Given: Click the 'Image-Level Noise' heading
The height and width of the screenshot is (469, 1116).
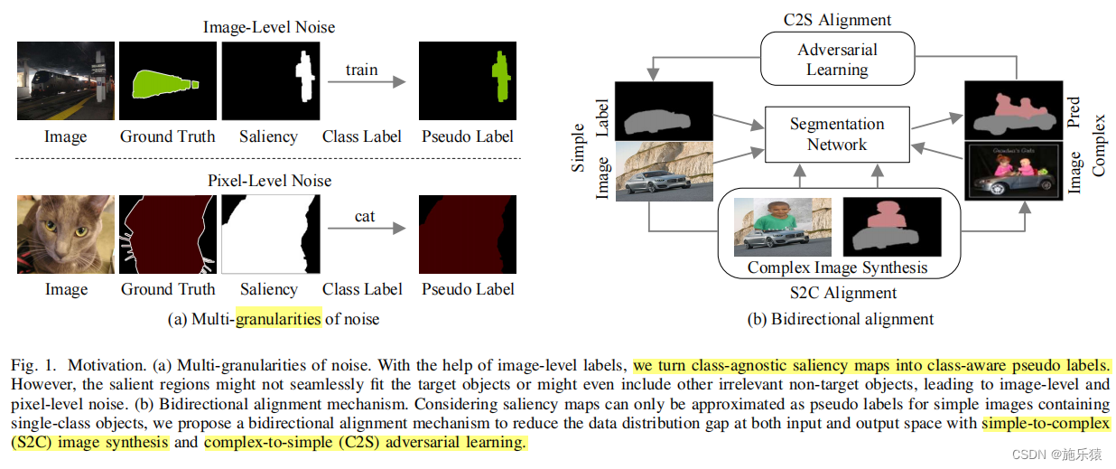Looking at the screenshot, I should (269, 27).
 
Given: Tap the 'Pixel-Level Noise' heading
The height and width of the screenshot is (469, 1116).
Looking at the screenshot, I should (269, 181).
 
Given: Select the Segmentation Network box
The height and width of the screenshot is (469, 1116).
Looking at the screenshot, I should (836, 135).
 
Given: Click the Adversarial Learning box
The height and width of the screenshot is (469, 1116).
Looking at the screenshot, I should (837, 60).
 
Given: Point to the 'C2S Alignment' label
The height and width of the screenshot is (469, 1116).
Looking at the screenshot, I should (836, 20).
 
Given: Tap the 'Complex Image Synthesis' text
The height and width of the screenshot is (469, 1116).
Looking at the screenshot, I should (837, 268).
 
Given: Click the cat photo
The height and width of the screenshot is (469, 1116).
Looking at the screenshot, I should (66, 234).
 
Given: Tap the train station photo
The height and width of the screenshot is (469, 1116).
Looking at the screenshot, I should (66, 81).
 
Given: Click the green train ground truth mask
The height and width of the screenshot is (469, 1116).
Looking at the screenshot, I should (168, 81).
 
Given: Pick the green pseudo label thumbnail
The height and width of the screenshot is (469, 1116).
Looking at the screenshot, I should (468, 81).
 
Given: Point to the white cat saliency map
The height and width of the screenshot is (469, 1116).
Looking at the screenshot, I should (270, 234).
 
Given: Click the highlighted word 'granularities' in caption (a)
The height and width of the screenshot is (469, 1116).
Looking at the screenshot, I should (278, 319).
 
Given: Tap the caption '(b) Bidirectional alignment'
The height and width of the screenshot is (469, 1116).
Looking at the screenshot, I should (840, 319).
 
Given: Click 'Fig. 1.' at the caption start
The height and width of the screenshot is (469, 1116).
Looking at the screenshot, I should (34, 366).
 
